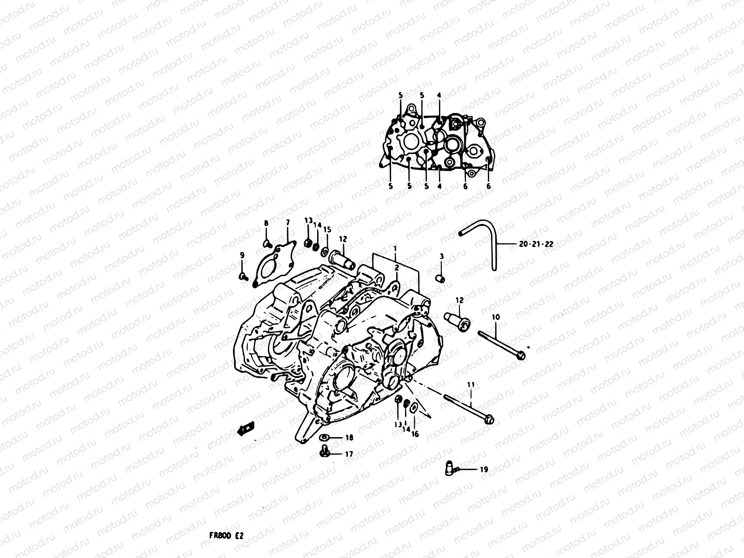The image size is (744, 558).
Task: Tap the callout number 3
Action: click(441, 256)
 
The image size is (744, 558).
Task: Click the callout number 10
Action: click(495, 317)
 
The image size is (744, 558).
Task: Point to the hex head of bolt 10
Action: click(521, 356)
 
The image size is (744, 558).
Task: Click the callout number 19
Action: click(484, 470)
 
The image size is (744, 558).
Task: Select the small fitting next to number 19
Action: click(448, 467)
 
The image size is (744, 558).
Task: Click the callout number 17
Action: click(349, 454)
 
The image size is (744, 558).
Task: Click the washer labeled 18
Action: click(325, 437)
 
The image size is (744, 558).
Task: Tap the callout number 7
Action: click(287, 223)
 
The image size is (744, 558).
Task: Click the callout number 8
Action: click(266, 223)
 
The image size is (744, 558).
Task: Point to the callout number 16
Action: click(415, 434)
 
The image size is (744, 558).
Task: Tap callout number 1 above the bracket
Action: click(395, 249)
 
